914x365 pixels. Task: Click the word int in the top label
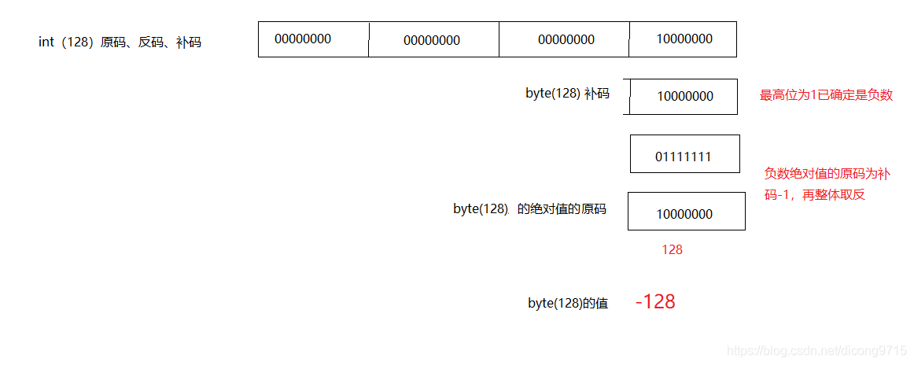click(x=46, y=42)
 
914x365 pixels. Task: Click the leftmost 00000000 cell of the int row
click(x=313, y=39)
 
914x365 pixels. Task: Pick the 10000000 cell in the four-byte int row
click(x=683, y=39)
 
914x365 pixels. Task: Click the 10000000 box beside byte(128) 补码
click(x=684, y=96)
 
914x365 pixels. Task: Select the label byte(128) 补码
click(x=567, y=93)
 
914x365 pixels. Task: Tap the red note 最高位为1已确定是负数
click(x=826, y=95)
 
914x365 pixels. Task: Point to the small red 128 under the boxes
click(x=672, y=249)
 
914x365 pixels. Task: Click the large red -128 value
click(x=655, y=302)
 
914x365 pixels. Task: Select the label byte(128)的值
click(x=567, y=303)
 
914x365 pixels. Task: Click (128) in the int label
click(x=77, y=42)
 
